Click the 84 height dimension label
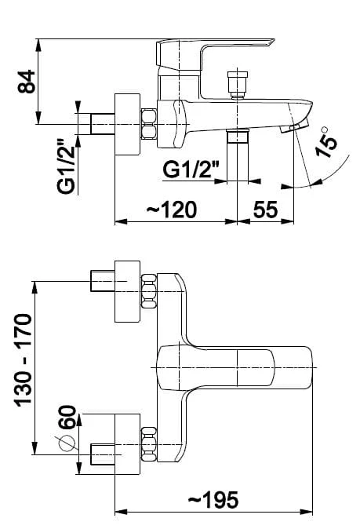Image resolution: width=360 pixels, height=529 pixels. pos(27,82)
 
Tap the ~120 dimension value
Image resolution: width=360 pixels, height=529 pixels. pos(172,210)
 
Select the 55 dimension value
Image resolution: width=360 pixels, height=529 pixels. pos(265,210)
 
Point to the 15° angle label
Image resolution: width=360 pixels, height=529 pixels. pos(325,142)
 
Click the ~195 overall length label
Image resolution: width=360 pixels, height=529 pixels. pos(213,500)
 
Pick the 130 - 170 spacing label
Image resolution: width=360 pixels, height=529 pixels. pos(23,360)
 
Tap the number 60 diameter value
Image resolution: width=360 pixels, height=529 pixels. pos(67,417)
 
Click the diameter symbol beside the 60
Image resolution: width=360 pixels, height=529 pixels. pos(67,443)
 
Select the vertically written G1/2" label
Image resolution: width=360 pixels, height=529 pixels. pos(66,166)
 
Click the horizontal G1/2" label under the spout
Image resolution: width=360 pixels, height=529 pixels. pos(191,170)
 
